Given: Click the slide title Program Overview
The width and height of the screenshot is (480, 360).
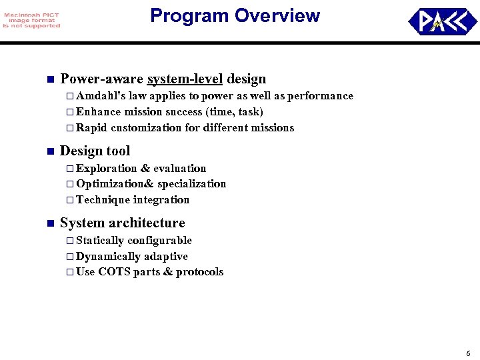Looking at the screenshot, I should pyautogui.click(x=235, y=16).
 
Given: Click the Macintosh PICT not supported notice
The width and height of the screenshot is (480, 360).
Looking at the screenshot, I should pyautogui.click(x=31, y=21).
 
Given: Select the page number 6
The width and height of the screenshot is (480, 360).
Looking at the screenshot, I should pyautogui.click(x=468, y=353).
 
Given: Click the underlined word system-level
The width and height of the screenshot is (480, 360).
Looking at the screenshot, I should pyautogui.click(x=185, y=79).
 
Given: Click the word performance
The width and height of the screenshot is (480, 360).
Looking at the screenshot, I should pyautogui.click(x=321, y=96).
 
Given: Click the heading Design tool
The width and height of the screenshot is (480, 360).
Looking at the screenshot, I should pyautogui.click(x=95, y=151).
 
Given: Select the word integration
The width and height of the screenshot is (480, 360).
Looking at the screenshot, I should pyautogui.click(x=161, y=200).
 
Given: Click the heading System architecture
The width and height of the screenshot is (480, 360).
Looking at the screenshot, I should pyautogui.click(x=122, y=223).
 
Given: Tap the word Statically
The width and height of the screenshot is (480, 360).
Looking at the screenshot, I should pyautogui.click(x=100, y=241).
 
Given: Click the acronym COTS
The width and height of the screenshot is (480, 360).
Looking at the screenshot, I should pyautogui.click(x=113, y=272).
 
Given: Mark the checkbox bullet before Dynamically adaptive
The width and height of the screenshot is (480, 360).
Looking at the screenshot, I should pyautogui.click(x=70, y=257).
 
